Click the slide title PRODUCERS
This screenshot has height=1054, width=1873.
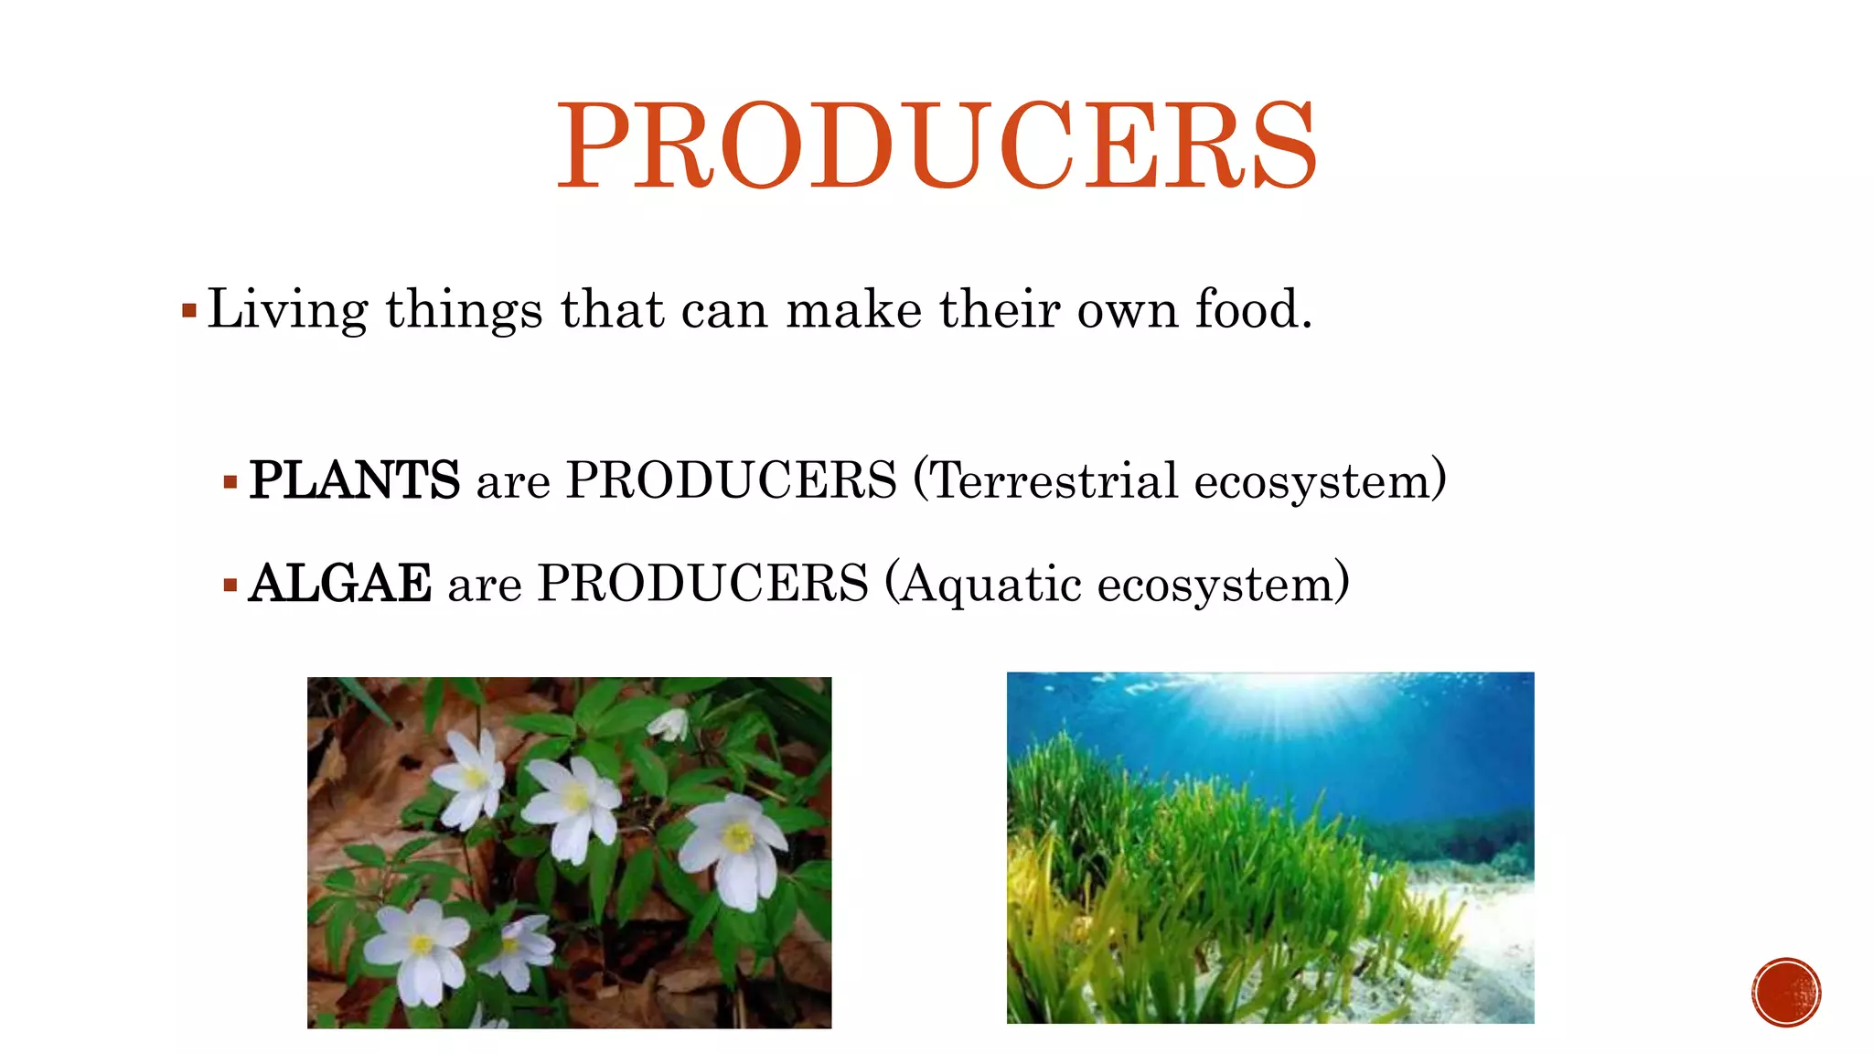[x=936, y=146]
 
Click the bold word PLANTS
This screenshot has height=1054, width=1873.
[x=354, y=480]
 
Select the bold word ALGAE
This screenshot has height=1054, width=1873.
[x=339, y=584]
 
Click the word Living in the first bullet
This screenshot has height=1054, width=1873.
[x=287, y=309]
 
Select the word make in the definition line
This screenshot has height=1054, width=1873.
[x=853, y=309]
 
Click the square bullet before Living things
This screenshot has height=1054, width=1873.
[x=189, y=311]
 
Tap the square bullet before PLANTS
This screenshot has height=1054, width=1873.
[x=230, y=482]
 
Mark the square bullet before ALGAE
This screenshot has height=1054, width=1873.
[x=230, y=585]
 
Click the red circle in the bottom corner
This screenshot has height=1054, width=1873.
[x=1785, y=993]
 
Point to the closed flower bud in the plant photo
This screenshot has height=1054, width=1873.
[x=670, y=725]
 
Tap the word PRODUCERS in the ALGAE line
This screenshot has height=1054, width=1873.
[x=702, y=584]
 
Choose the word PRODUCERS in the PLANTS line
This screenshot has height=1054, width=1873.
[x=732, y=480]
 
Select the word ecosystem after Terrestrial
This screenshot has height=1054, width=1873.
[x=1312, y=480]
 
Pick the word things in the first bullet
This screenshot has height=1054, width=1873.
[x=464, y=309]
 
